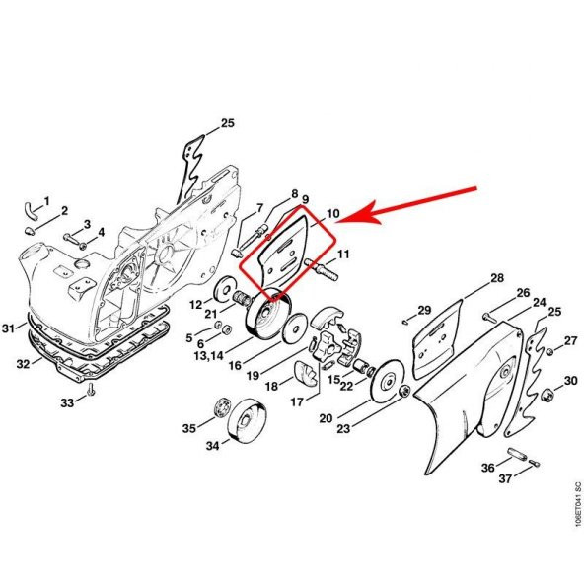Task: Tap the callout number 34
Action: (213, 446)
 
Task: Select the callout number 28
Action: (497, 278)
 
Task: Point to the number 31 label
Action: (9, 328)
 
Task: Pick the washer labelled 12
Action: (226, 289)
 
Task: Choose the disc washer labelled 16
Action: (294, 328)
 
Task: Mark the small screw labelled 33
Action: (90, 391)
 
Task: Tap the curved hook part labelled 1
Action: (30, 210)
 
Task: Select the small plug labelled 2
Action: (30, 231)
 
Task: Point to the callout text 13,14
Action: (209, 356)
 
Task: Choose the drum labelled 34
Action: (248, 420)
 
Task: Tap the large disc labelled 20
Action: (388, 381)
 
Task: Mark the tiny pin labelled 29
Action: (405, 321)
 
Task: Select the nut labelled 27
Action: (549, 351)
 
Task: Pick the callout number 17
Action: (297, 402)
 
